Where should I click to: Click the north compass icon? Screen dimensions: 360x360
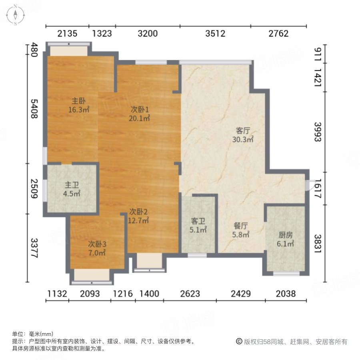(x=15, y=15)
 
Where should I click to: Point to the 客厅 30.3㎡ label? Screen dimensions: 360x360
(x=243, y=135)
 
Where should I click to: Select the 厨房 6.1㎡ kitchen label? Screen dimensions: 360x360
(x=286, y=239)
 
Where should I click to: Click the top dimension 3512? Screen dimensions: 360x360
(x=215, y=34)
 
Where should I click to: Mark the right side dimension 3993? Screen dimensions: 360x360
(x=318, y=132)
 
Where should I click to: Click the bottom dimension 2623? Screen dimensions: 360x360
(x=190, y=294)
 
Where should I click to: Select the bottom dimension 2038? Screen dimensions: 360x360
(x=286, y=294)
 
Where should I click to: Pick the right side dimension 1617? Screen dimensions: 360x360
(x=318, y=188)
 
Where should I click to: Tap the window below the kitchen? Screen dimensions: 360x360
(x=286, y=274)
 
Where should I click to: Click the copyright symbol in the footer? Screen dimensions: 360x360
(x=239, y=342)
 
